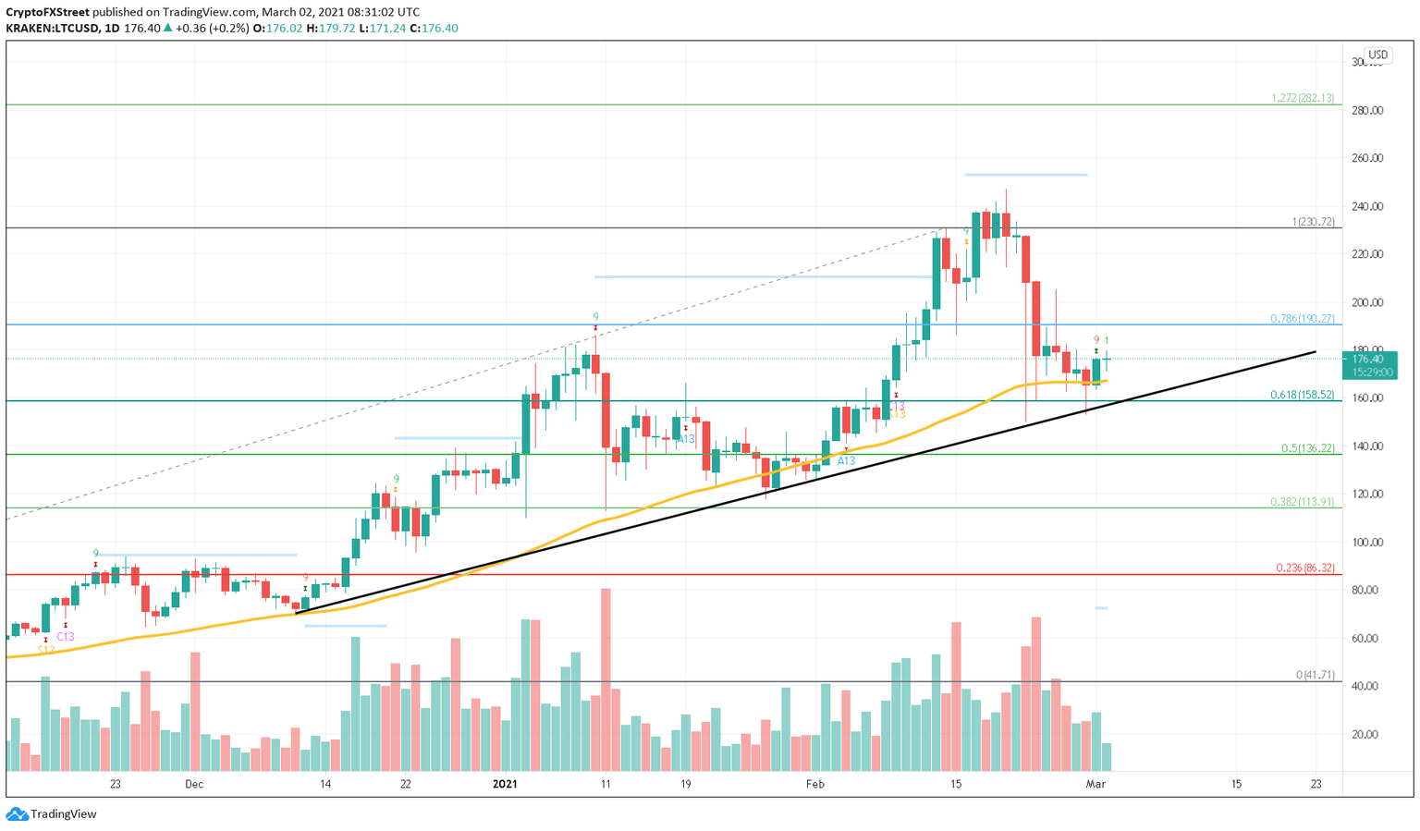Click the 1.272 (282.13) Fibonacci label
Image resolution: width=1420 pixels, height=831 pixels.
coord(1302,98)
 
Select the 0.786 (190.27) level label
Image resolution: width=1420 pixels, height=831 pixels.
coord(1302,319)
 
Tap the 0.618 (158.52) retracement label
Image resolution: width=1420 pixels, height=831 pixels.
coord(1302,395)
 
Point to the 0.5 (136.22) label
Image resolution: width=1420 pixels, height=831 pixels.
coord(1307,448)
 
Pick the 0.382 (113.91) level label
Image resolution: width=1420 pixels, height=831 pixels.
coord(1302,502)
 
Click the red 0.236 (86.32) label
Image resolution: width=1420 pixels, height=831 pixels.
coord(1304,568)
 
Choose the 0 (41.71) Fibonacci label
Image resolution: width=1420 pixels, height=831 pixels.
coord(1315,675)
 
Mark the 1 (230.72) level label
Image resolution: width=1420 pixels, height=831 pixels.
coord(1313,222)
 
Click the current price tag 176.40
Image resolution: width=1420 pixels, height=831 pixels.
coord(1367,360)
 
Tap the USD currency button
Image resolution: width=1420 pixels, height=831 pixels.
coord(1377,55)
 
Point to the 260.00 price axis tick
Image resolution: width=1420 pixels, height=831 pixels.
coord(1367,158)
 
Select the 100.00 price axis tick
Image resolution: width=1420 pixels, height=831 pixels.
coord(1367,543)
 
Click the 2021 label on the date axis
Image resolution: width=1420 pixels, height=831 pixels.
coord(505,784)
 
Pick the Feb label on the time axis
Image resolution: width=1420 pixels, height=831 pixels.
coord(814,784)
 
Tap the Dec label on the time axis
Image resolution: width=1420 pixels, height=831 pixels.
coord(194,784)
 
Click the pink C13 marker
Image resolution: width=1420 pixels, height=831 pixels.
coord(65,637)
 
